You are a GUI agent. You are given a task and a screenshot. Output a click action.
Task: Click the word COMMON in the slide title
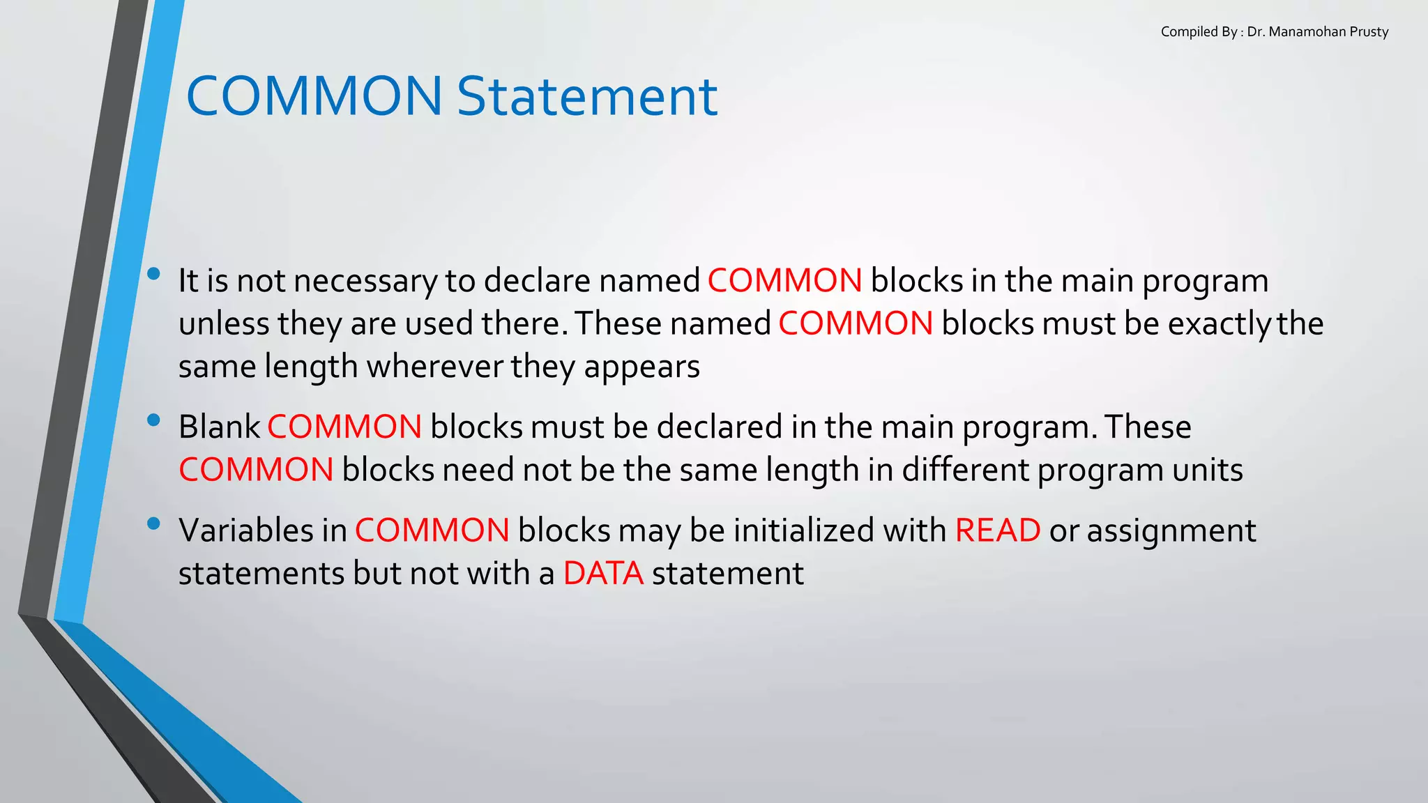coord(314,96)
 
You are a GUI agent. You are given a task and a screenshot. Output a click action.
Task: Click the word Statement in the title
coord(587,96)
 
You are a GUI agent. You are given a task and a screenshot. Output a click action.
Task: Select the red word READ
coord(997,530)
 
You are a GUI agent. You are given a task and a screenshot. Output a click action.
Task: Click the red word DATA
coord(603,574)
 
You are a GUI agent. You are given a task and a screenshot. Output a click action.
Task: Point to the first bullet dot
coord(154,274)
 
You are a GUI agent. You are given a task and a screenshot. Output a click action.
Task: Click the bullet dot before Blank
coord(154,420)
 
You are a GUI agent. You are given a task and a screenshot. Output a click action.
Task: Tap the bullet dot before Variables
coord(154,523)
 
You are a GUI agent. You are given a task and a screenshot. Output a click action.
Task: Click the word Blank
coord(219,427)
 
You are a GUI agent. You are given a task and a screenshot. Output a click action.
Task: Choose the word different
coord(965,470)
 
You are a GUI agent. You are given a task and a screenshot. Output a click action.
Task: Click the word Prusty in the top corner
coord(1369,32)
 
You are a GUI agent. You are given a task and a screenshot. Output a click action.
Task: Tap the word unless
coord(224,324)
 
